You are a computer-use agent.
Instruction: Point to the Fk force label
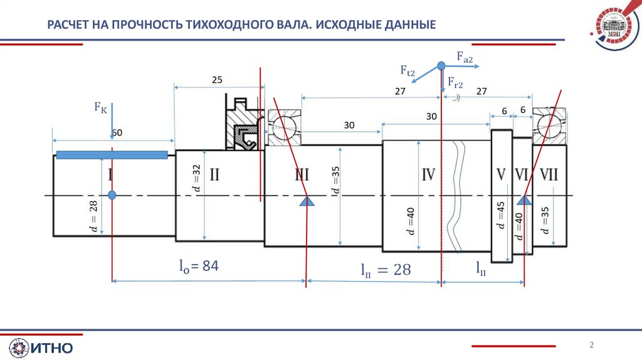pyautogui.click(x=100, y=109)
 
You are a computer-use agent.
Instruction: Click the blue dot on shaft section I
pyautogui.click(x=112, y=195)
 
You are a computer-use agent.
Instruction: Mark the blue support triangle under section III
pyautogui.click(x=307, y=201)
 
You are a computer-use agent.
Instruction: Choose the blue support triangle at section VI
pyautogui.click(x=524, y=201)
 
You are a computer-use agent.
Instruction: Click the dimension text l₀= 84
pyautogui.click(x=197, y=267)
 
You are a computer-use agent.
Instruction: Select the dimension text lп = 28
pyautogui.click(x=385, y=270)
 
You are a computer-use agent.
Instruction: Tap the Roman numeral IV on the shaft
pyautogui.click(x=428, y=175)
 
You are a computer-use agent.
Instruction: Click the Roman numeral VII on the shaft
pyautogui.click(x=549, y=175)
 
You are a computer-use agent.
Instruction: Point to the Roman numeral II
pyautogui.click(x=214, y=175)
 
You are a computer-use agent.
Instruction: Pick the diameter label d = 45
pyautogui.click(x=500, y=216)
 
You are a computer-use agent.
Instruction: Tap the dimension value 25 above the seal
pyautogui.click(x=217, y=80)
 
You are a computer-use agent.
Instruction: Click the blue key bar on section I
pyautogui.click(x=112, y=155)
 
